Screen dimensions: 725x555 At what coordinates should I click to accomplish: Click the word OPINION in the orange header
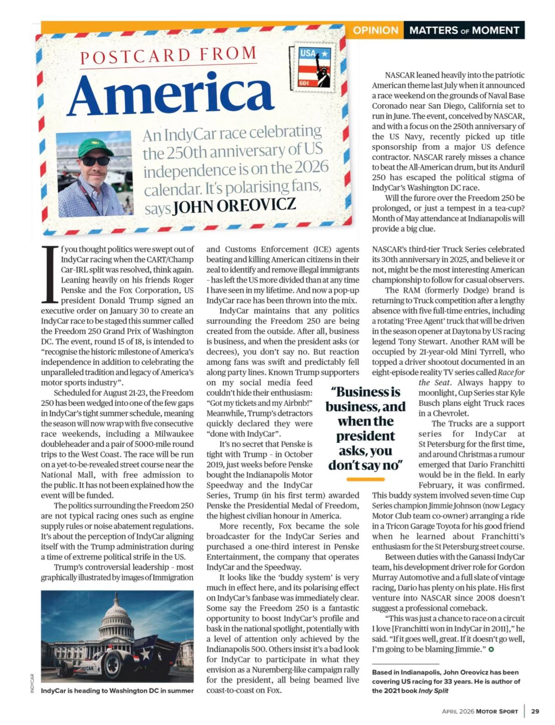375,30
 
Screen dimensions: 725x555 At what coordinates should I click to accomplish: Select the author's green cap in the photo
95,147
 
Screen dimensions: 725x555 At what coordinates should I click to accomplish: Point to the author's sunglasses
96,161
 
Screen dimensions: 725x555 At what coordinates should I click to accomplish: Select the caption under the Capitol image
117,691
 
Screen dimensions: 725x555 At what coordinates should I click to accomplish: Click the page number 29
535,711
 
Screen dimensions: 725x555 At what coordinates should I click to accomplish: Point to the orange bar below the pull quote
365,479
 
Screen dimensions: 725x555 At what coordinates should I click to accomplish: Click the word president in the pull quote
365,436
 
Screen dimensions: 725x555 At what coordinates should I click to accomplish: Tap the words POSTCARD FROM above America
168,56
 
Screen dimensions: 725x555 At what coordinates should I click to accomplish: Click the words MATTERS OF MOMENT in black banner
464,30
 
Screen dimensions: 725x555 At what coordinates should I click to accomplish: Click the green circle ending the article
491,649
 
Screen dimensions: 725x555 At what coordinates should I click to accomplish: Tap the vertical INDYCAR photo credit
32,683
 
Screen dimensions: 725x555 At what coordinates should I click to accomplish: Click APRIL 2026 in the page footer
458,711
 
